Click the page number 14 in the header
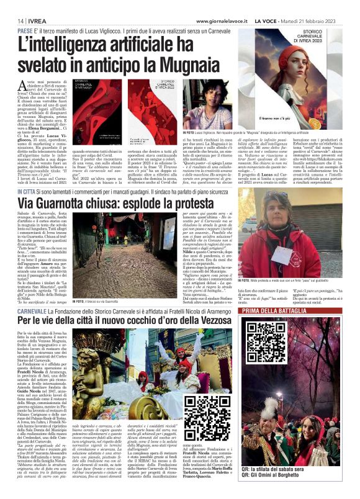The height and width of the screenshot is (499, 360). tap(12, 20)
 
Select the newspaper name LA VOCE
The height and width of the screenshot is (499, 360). tap(267, 20)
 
